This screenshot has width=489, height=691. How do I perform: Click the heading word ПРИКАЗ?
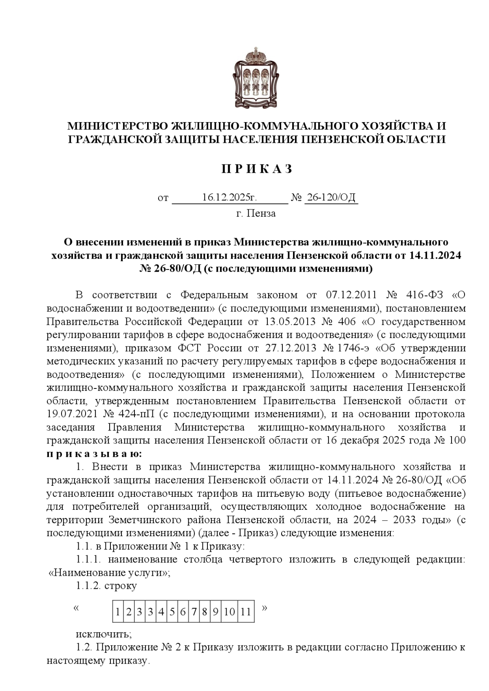click(257, 169)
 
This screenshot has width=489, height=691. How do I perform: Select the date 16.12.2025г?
click(229, 198)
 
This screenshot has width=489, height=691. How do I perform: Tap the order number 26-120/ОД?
click(331, 198)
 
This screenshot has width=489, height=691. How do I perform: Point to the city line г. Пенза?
click(256, 213)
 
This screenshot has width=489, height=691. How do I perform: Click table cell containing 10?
click(229, 612)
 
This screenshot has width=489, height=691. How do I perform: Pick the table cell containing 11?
click(246, 612)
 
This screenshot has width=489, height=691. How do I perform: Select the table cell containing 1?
click(117, 612)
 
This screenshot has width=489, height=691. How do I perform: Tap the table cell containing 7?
click(194, 612)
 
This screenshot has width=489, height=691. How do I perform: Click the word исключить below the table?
click(104, 634)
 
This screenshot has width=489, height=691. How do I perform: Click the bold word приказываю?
click(94, 453)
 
